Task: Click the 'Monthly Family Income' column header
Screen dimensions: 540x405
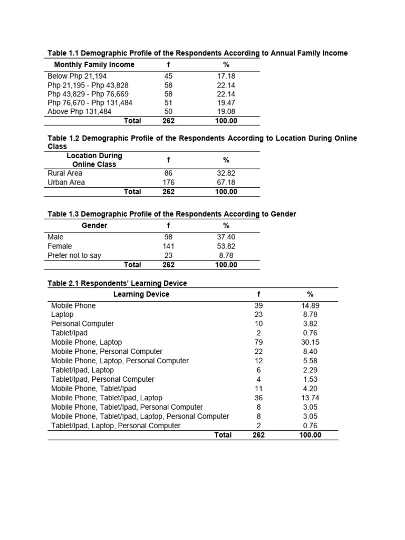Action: click(x=94, y=65)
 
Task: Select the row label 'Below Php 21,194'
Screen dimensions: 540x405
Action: click(x=77, y=76)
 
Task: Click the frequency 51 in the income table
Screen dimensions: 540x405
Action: click(x=168, y=103)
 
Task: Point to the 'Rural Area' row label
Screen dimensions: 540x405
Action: click(x=65, y=173)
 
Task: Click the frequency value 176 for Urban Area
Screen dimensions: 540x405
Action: click(x=168, y=182)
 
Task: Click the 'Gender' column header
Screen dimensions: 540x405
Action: click(x=94, y=226)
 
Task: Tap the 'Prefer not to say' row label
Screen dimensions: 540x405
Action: click(x=74, y=255)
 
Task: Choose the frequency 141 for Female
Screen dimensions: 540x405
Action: click(x=168, y=246)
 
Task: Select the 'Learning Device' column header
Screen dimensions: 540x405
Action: click(x=141, y=294)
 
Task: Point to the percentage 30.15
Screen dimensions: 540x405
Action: click(x=310, y=342)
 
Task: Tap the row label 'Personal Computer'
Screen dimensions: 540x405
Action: click(x=82, y=324)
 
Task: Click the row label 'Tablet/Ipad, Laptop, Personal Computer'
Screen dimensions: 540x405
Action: click(x=115, y=426)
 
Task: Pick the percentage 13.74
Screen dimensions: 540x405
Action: click(x=310, y=398)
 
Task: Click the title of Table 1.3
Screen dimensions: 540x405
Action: click(x=171, y=214)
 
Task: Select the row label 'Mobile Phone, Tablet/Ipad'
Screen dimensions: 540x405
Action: click(x=93, y=389)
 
